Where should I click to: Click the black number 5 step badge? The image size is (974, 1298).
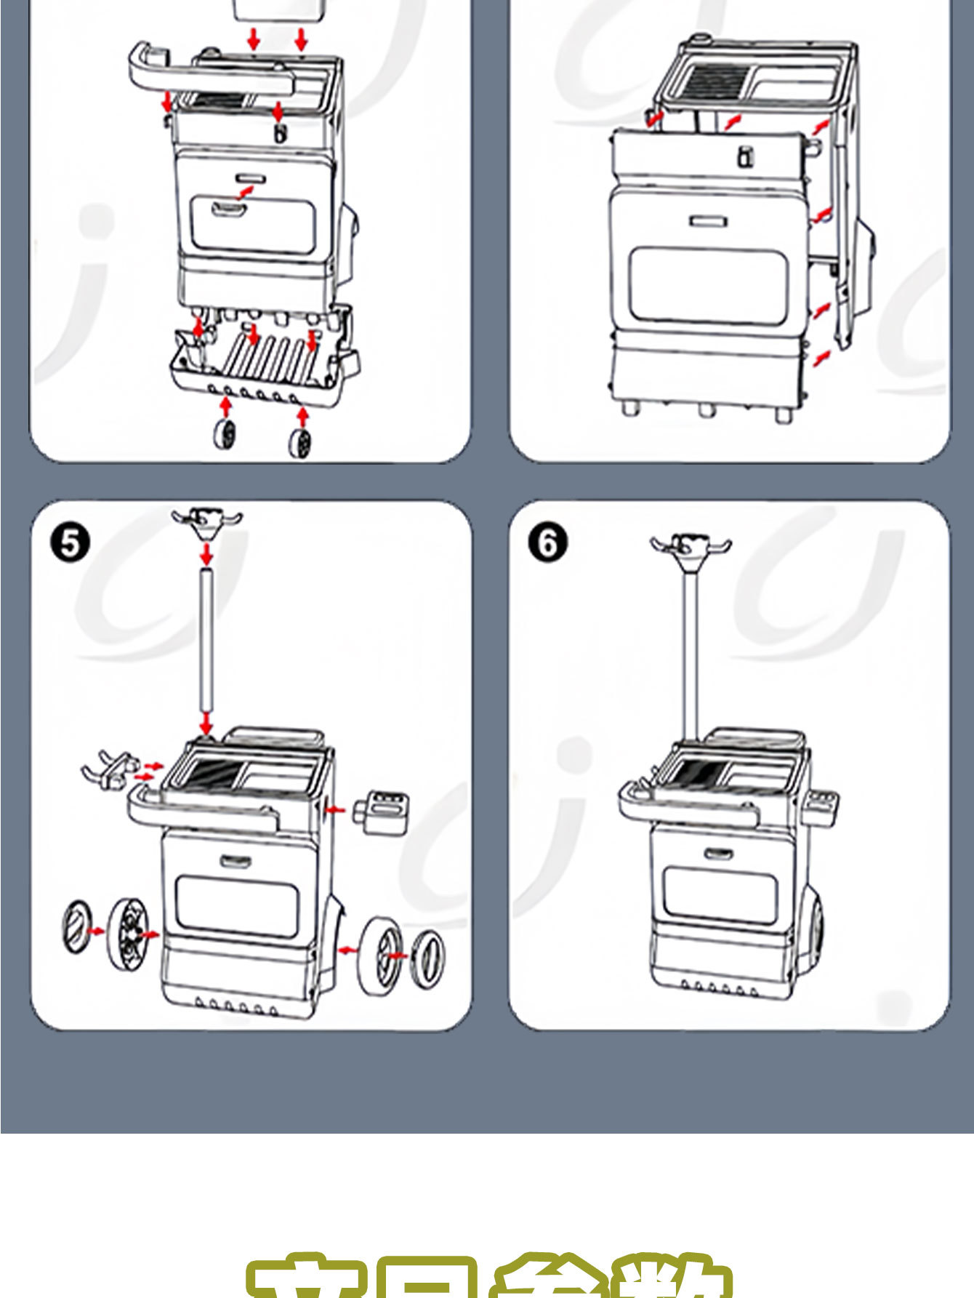point(70,543)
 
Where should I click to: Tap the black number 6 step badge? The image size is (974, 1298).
point(547,543)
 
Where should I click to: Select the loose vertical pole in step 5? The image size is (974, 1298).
point(206,640)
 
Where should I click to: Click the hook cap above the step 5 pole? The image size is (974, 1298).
point(207,521)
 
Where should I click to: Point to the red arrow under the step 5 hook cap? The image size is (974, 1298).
point(207,554)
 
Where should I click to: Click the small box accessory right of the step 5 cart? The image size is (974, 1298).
point(381,808)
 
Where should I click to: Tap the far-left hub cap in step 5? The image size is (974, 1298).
point(77,926)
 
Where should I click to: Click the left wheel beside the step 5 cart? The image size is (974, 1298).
point(127,934)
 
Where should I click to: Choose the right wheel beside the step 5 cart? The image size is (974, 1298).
point(380,954)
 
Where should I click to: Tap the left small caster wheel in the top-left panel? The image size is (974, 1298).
point(225,434)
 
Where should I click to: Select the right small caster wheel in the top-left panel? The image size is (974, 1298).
point(300,441)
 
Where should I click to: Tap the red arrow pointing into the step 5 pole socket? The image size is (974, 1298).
point(206,724)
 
